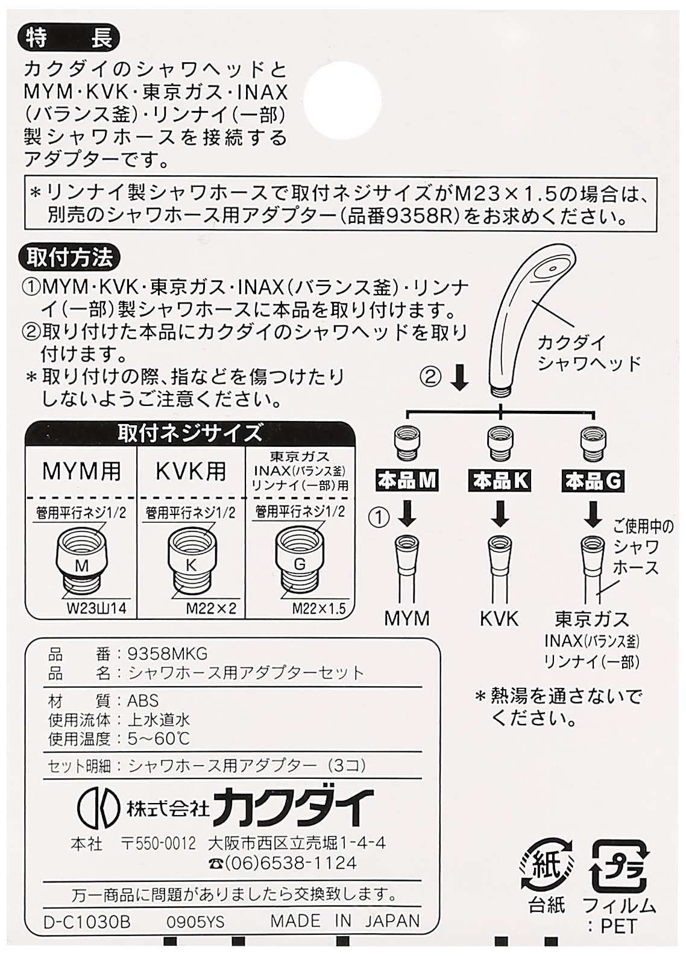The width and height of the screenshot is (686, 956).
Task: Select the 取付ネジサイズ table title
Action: [190, 433]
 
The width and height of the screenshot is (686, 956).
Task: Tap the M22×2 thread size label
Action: [209, 608]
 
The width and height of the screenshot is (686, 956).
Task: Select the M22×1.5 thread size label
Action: [319, 608]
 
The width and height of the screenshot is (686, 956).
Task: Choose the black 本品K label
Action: [500, 481]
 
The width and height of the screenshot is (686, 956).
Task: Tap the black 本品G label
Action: [593, 481]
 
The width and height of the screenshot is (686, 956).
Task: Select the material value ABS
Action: [143, 701]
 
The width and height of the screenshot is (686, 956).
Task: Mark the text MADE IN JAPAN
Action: [345, 921]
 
